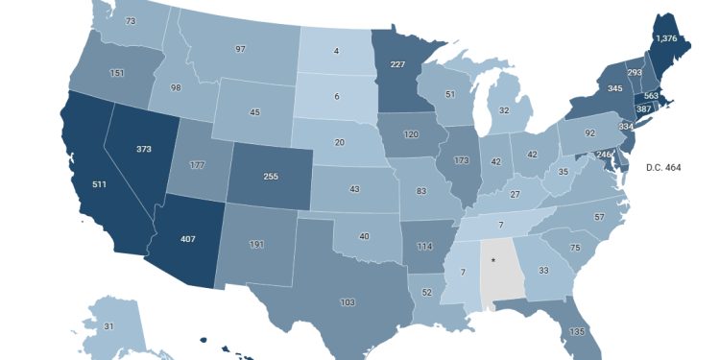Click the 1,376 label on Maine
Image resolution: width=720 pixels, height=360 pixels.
(665, 37)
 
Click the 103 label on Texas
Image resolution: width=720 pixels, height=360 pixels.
(348, 301)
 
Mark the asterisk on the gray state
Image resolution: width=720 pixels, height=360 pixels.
(493, 260)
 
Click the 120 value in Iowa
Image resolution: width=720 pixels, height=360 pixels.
(413, 135)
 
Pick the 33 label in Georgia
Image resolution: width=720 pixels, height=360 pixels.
(542, 271)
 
